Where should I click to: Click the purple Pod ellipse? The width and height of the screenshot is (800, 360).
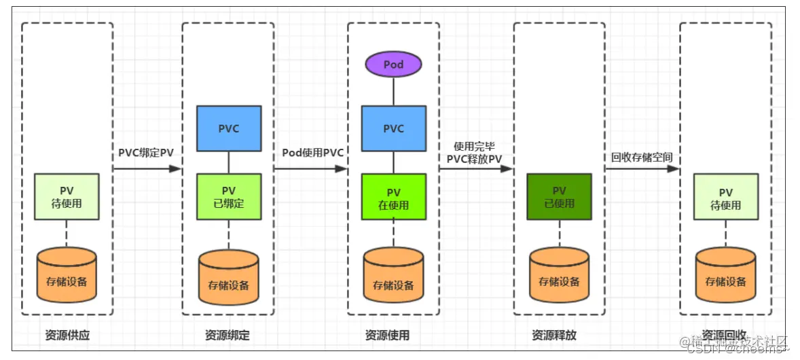(393, 65)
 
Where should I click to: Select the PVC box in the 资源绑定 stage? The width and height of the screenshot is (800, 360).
(228, 128)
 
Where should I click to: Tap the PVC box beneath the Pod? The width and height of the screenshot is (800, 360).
(393, 128)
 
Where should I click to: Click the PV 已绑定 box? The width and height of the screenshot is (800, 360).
(228, 197)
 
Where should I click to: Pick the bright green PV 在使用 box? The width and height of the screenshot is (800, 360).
(393, 197)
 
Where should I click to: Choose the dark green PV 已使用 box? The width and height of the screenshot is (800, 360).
(559, 197)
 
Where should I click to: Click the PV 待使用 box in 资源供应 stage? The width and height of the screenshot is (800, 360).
(67, 197)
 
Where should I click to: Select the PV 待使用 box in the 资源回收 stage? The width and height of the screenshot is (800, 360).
(725, 197)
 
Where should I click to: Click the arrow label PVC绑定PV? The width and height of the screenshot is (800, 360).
(146, 152)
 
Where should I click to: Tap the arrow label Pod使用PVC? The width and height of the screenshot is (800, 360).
(312, 152)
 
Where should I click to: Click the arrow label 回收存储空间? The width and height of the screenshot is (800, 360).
(642, 157)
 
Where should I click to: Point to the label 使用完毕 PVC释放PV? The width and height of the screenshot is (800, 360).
(475, 152)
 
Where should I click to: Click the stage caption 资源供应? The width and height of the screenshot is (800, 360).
(67, 335)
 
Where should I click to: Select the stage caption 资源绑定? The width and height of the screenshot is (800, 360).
(227, 335)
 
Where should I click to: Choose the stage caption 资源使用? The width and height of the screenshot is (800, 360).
(387, 335)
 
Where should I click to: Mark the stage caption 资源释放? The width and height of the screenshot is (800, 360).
(554, 335)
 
